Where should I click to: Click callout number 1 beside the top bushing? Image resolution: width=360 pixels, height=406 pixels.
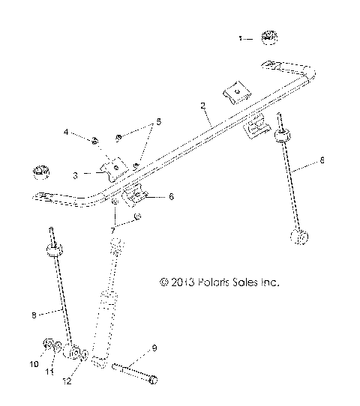241,37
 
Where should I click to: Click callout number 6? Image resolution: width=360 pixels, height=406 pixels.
171,197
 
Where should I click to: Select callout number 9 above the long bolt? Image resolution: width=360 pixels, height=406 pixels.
154,348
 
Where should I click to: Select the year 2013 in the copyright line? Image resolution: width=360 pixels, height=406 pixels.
184,283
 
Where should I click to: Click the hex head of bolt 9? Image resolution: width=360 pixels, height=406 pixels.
153,381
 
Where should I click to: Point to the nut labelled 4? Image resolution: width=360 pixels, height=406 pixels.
97,139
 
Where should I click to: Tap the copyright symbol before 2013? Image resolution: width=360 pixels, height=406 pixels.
164,283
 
